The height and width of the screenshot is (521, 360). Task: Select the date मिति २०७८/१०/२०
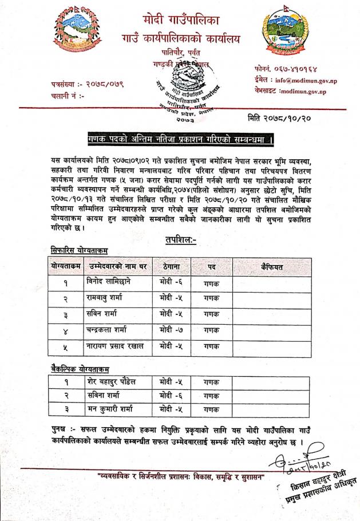tap(278, 119)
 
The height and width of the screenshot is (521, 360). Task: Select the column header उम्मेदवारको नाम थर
tap(117, 266)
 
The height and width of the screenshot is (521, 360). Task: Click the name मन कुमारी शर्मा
tap(114, 410)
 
